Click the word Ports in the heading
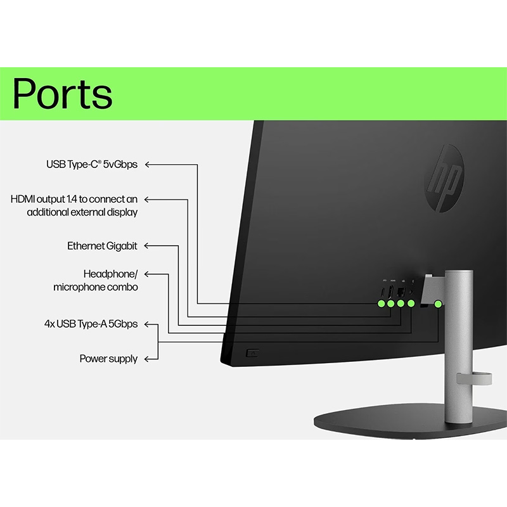coord(63,93)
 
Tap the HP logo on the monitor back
coord(444,177)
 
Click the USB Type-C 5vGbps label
coord(91,165)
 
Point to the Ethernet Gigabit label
coord(102,246)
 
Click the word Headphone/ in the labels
coord(110,274)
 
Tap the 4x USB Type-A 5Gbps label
coord(91,324)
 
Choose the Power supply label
coord(108,359)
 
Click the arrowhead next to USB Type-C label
coord(150,165)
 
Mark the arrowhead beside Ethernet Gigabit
coord(150,246)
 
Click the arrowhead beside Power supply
coord(150,359)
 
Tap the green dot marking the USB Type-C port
coord(382,304)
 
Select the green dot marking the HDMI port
coord(392,304)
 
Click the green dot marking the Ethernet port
coord(401,304)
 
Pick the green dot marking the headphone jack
coord(411,304)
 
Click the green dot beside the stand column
coord(438,304)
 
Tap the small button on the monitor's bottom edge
coord(252,351)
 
